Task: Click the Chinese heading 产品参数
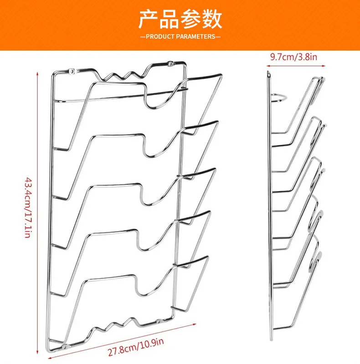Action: (x=180, y=19)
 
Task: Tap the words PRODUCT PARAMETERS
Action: (x=180, y=36)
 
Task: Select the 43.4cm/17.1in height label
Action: (x=28, y=208)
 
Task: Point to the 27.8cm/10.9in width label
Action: (x=136, y=347)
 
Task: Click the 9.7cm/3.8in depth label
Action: (x=293, y=57)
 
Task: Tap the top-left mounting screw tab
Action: (x=72, y=71)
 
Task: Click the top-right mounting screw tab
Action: (x=170, y=63)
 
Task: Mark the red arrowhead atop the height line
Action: (x=37, y=74)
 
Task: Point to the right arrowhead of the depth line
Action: (x=324, y=66)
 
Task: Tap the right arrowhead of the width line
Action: (x=195, y=324)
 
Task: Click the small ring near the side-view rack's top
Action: (x=279, y=98)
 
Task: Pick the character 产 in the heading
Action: (x=149, y=19)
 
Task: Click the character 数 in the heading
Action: (x=212, y=19)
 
